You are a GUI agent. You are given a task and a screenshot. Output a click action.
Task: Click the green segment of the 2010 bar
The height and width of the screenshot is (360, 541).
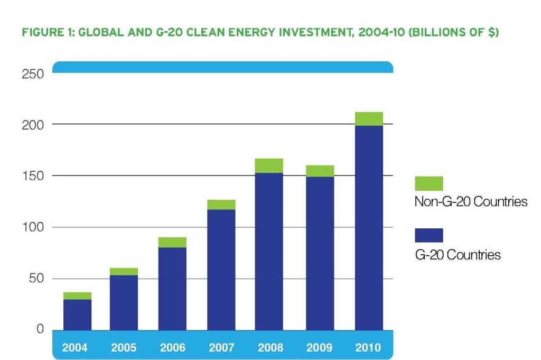coord(369,119)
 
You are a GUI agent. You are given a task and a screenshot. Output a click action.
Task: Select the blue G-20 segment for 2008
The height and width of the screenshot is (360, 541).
coord(269,251)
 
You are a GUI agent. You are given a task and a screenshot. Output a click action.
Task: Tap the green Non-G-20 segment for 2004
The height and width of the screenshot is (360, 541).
coord(77,296)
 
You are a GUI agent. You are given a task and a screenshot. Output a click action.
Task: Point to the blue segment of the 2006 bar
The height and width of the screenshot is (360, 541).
coord(172,289)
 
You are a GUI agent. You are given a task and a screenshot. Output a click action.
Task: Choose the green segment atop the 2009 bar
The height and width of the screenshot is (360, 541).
coord(320,171)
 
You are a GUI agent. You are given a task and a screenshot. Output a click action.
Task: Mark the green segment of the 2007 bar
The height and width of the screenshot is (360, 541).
coord(221,205)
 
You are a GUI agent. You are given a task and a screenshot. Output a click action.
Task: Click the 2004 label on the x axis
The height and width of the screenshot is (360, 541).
coord(75,348)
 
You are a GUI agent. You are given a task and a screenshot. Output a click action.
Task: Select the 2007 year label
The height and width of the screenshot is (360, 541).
coord(221,348)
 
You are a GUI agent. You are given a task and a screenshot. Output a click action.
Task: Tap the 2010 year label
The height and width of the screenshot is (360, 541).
coord(368,348)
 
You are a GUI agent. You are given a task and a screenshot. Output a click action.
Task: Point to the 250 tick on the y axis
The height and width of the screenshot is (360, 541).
coord(33,74)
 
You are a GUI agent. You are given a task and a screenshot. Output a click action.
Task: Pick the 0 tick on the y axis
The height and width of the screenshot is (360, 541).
coord(40,330)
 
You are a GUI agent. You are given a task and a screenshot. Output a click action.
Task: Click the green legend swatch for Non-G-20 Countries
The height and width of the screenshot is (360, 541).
coord(429,183)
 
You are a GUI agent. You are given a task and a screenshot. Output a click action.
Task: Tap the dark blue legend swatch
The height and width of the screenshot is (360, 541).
coord(429,235)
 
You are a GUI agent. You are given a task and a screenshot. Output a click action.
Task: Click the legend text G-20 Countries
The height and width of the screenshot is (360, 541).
coord(458,255)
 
